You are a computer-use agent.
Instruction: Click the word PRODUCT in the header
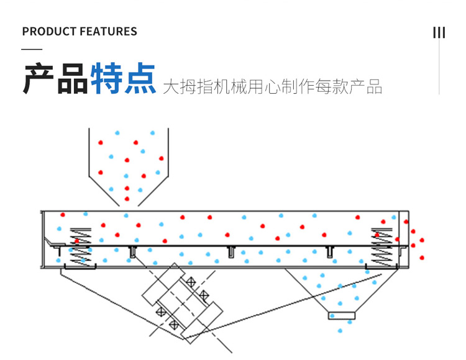pyautogui.click(x=48, y=32)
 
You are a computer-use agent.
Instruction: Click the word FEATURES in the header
pyautogui.click(x=107, y=32)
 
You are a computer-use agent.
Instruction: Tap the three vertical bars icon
pyautogui.click(x=439, y=32)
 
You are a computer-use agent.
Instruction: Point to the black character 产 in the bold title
pyautogui.click(x=39, y=78)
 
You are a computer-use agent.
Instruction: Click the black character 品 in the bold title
pyautogui.click(x=73, y=78)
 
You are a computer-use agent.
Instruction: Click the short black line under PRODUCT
pyautogui.click(x=32, y=49)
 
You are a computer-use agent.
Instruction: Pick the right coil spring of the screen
pyautogui.click(x=380, y=247)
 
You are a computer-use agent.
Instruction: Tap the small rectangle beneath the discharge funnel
pyautogui.click(x=342, y=315)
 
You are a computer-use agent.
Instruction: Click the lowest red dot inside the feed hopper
pyautogui.click(x=127, y=199)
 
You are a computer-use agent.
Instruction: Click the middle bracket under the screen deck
pyautogui.click(x=231, y=251)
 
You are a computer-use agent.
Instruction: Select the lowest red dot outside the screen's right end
pyautogui.click(x=423, y=258)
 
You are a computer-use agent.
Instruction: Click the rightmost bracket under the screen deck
pyautogui.click(x=329, y=251)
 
